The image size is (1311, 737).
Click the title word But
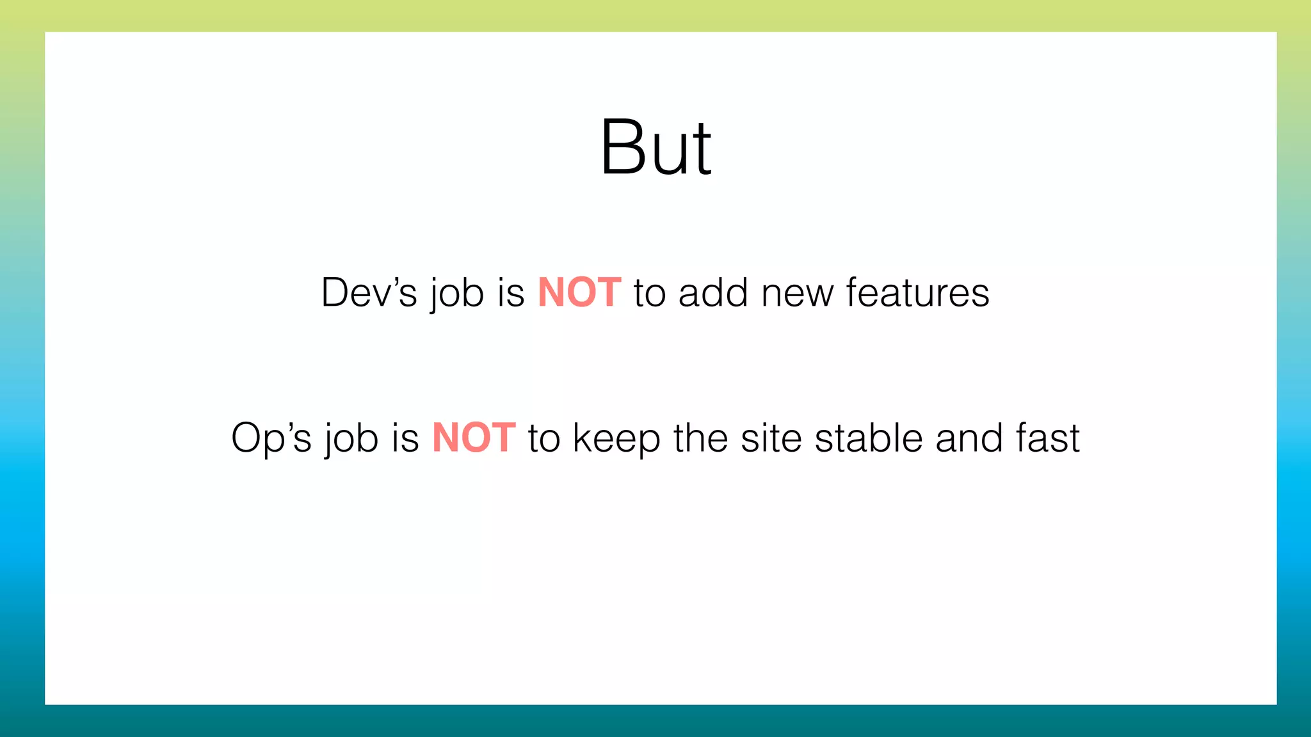click(x=655, y=148)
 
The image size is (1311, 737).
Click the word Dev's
click(x=369, y=293)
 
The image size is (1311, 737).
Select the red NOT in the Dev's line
click(x=579, y=293)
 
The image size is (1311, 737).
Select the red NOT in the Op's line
click(x=474, y=439)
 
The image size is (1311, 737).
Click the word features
click(x=917, y=293)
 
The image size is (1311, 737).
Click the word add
click(x=712, y=293)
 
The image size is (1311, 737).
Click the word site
click(x=771, y=439)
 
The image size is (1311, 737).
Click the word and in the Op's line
click(x=969, y=439)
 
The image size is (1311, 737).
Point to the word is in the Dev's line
click(x=511, y=293)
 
